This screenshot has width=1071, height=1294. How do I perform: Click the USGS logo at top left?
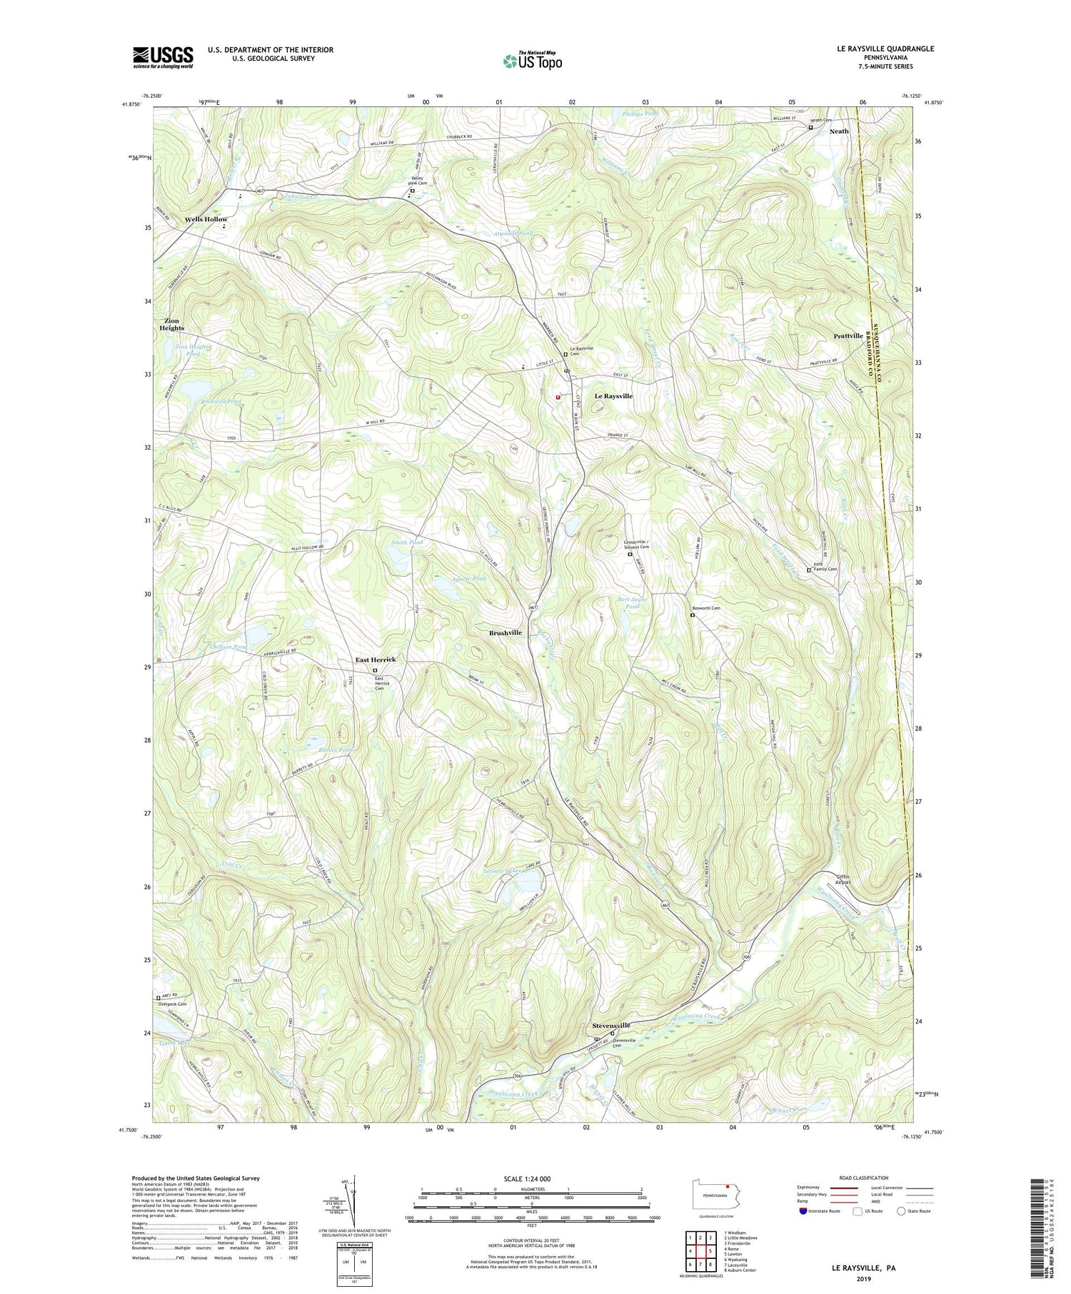(x=163, y=57)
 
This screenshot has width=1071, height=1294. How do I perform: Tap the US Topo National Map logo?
(x=531, y=61)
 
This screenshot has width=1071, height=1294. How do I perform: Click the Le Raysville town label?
(x=613, y=396)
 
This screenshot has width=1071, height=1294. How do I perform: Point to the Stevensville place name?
(x=611, y=1025)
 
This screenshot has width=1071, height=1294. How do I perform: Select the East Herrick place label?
(x=376, y=660)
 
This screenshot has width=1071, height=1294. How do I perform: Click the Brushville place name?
(x=505, y=633)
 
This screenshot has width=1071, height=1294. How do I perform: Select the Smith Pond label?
(x=407, y=542)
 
